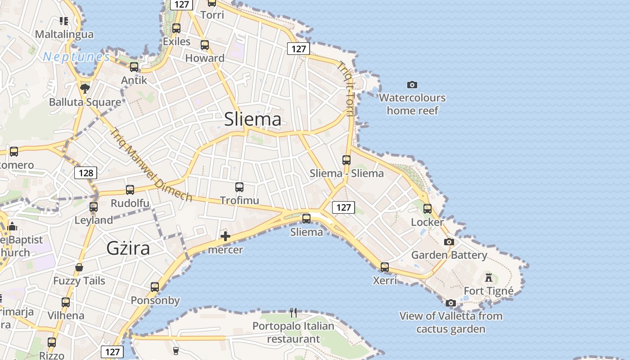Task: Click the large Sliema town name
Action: pos(252,119)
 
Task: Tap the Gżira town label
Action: pos(128,248)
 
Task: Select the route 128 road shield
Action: pos(85,173)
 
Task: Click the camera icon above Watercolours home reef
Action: pos(412,85)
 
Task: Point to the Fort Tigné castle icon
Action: pos(489,277)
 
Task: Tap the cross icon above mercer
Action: pos(225,236)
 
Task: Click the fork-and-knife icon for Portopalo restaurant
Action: pos(293,312)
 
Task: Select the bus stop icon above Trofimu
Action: pos(239,187)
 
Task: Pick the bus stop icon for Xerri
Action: pos(385,267)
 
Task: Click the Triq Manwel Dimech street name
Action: pos(152,165)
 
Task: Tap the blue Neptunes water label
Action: pos(76,57)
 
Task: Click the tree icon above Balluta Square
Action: pos(85,88)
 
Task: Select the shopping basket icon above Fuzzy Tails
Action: pos(79,268)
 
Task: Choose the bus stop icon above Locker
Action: pos(427,208)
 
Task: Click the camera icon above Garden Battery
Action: pos(449,242)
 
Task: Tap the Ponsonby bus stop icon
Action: pos(155,287)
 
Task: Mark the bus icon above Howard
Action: pos(205,45)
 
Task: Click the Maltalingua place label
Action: pos(64,34)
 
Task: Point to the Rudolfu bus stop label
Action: pos(130,203)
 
